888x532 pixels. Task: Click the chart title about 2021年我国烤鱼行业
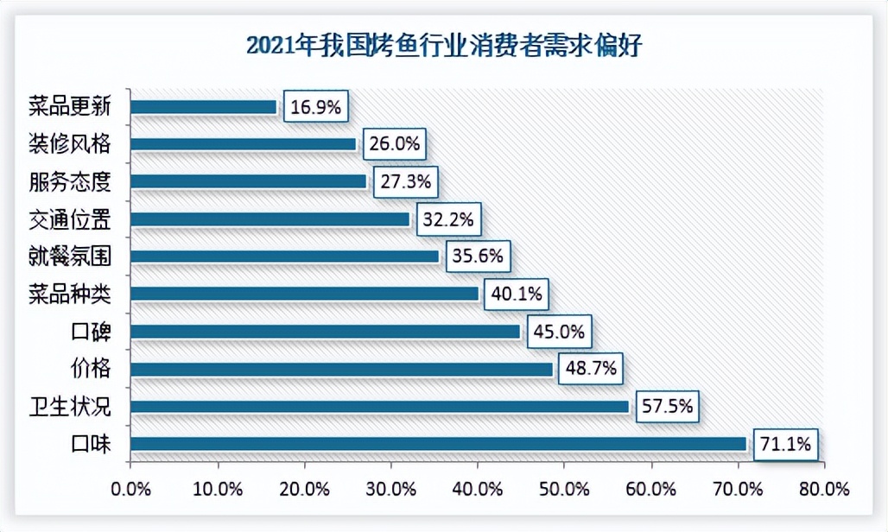click(444, 45)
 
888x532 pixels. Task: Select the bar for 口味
click(439, 444)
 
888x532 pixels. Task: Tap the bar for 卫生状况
click(380, 407)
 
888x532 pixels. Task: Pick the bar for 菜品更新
click(204, 107)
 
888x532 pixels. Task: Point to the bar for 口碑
click(326, 332)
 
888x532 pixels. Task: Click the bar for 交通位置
click(270, 219)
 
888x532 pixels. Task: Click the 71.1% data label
click(785, 445)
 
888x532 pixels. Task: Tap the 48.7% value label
click(591, 370)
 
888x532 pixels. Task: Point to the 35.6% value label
click(476, 256)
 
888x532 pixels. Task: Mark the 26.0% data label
click(395, 144)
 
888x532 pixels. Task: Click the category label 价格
click(91, 369)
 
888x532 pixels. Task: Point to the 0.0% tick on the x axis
click(131, 490)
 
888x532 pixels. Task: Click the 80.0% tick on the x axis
click(824, 490)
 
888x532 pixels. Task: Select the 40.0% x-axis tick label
click(478, 490)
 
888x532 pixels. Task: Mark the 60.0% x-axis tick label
click(651, 490)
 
